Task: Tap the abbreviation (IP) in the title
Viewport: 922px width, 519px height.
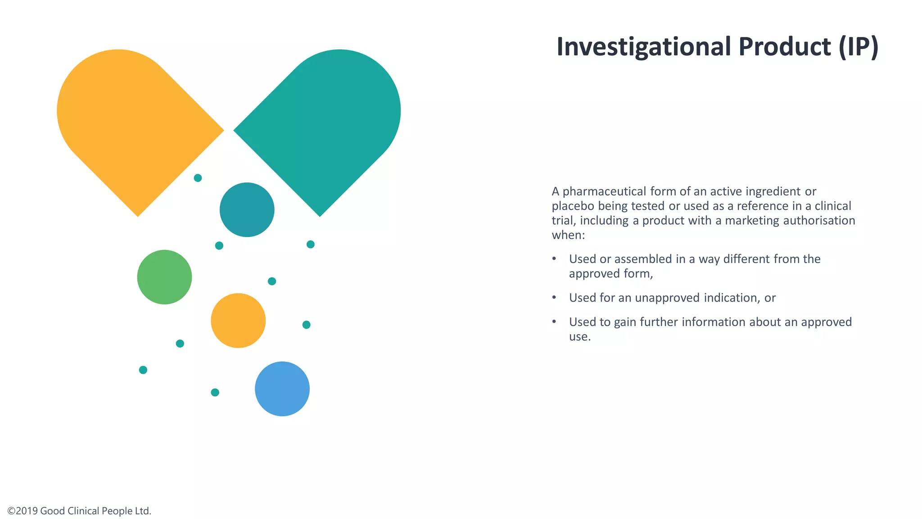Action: pyautogui.click(x=859, y=47)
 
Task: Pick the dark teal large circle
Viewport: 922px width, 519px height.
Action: pyautogui.click(x=247, y=209)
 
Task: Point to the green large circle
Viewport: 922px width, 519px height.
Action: pyautogui.click(x=164, y=277)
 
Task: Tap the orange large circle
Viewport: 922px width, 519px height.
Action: pyautogui.click(x=238, y=320)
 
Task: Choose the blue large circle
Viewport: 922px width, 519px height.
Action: pyautogui.click(x=282, y=389)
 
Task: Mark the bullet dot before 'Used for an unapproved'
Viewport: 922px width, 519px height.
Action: pyautogui.click(x=554, y=297)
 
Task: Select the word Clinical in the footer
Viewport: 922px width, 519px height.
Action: pyautogui.click(x=83, y=511)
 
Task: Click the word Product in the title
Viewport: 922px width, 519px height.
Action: pyautogui.click(x=784, y=47)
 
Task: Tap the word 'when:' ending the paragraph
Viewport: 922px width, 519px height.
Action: pyautogui.click(x=568, y=235)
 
